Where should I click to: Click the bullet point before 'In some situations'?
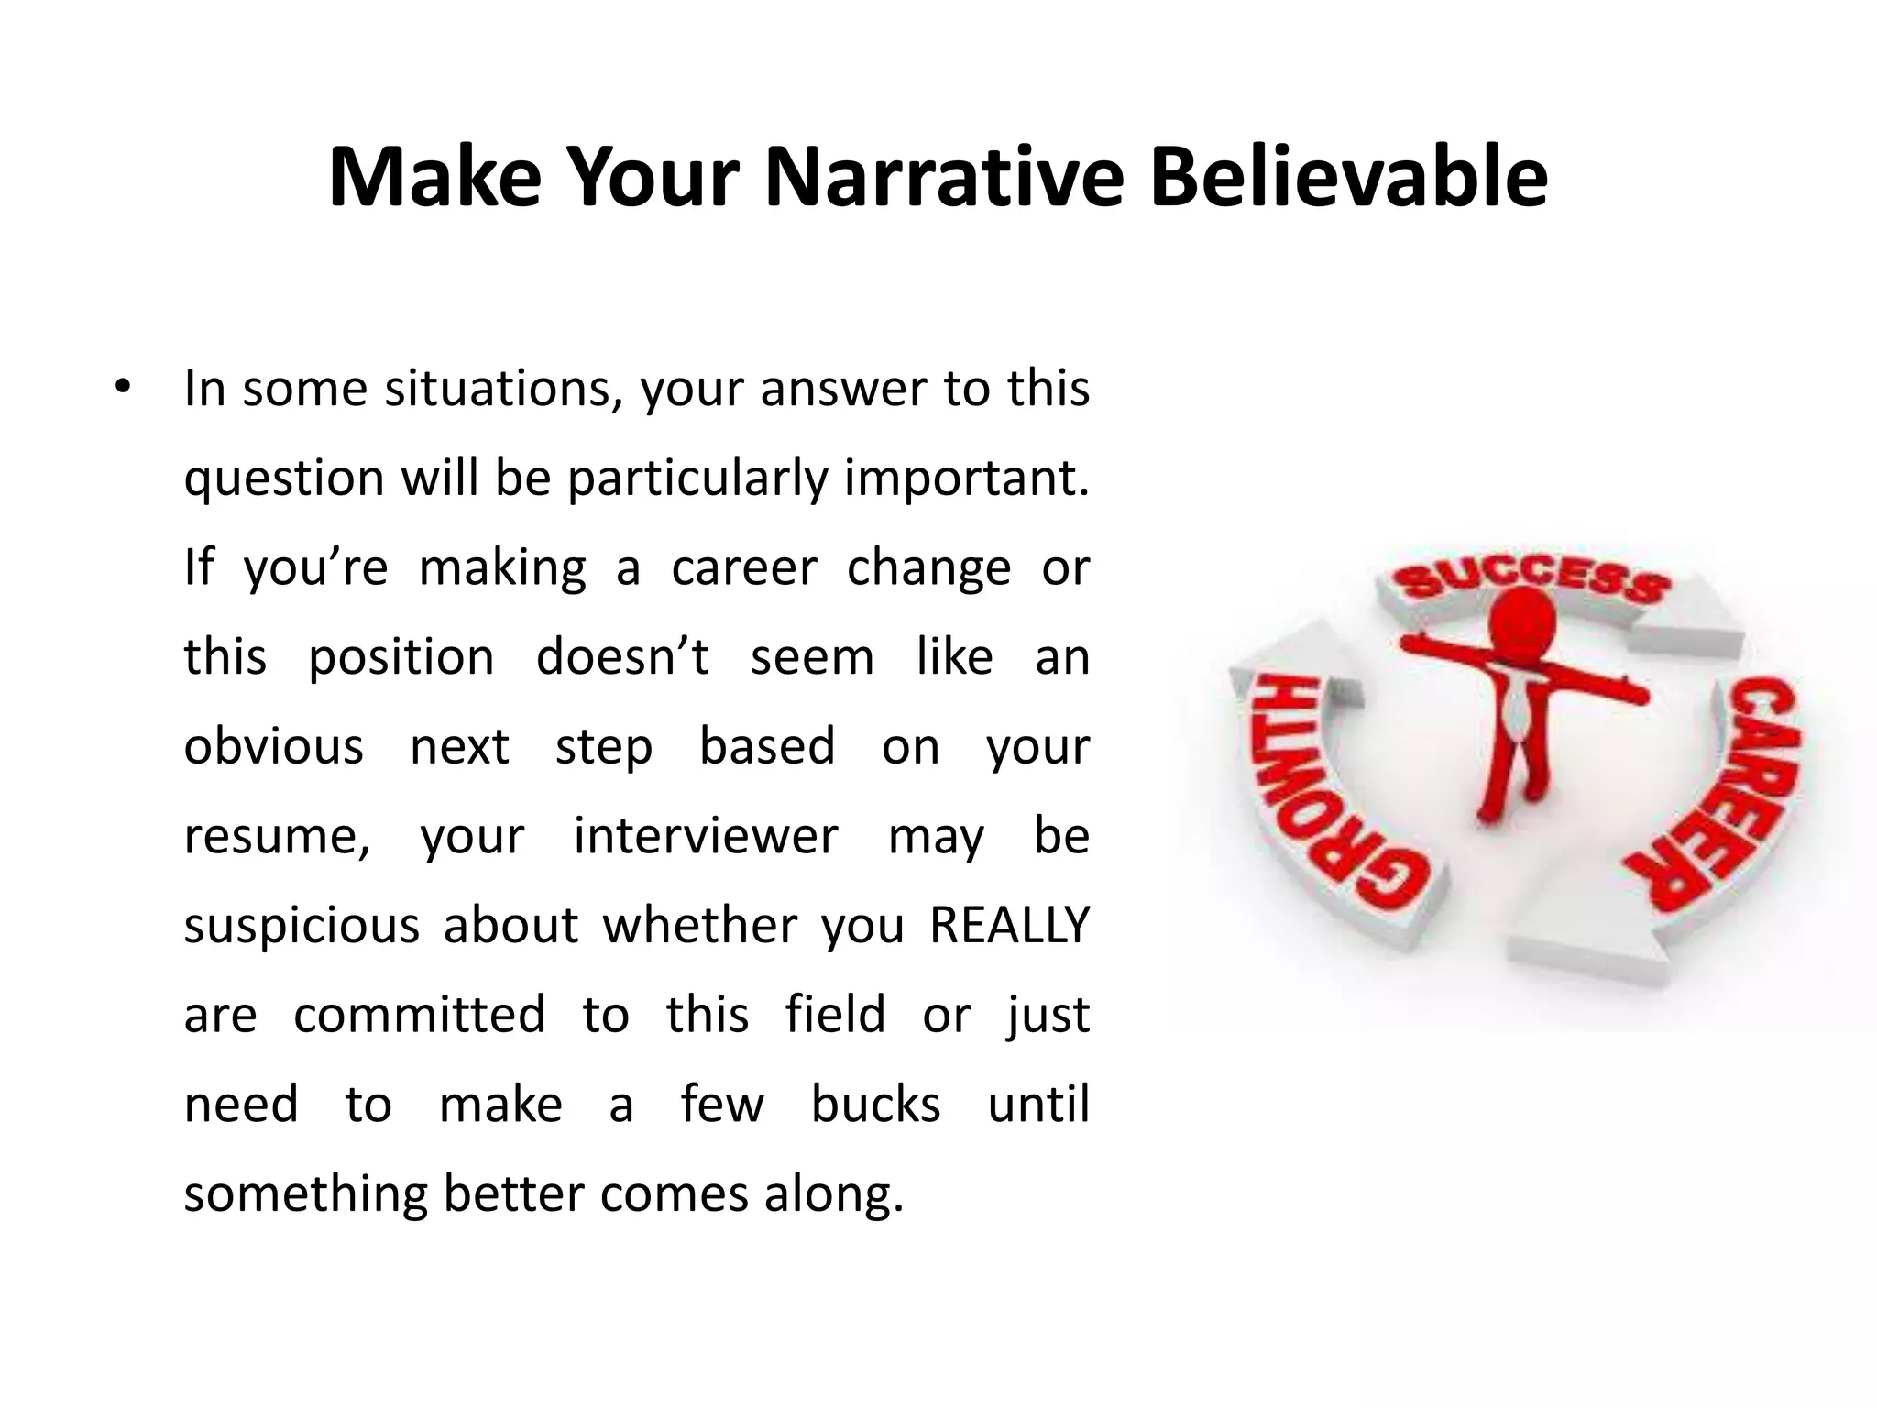[123, 389]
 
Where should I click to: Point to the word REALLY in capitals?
[1009, 925]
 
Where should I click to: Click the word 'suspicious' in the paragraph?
[302, 926]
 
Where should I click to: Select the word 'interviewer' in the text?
[705, 836]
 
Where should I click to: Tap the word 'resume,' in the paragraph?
[277, 836]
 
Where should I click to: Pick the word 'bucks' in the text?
[875, 1105]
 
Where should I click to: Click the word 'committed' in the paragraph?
[419, 1015]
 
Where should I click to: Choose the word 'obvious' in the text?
[273, 746]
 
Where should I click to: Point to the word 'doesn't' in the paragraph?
[622, 657]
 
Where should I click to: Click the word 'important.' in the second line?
[966, 478]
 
